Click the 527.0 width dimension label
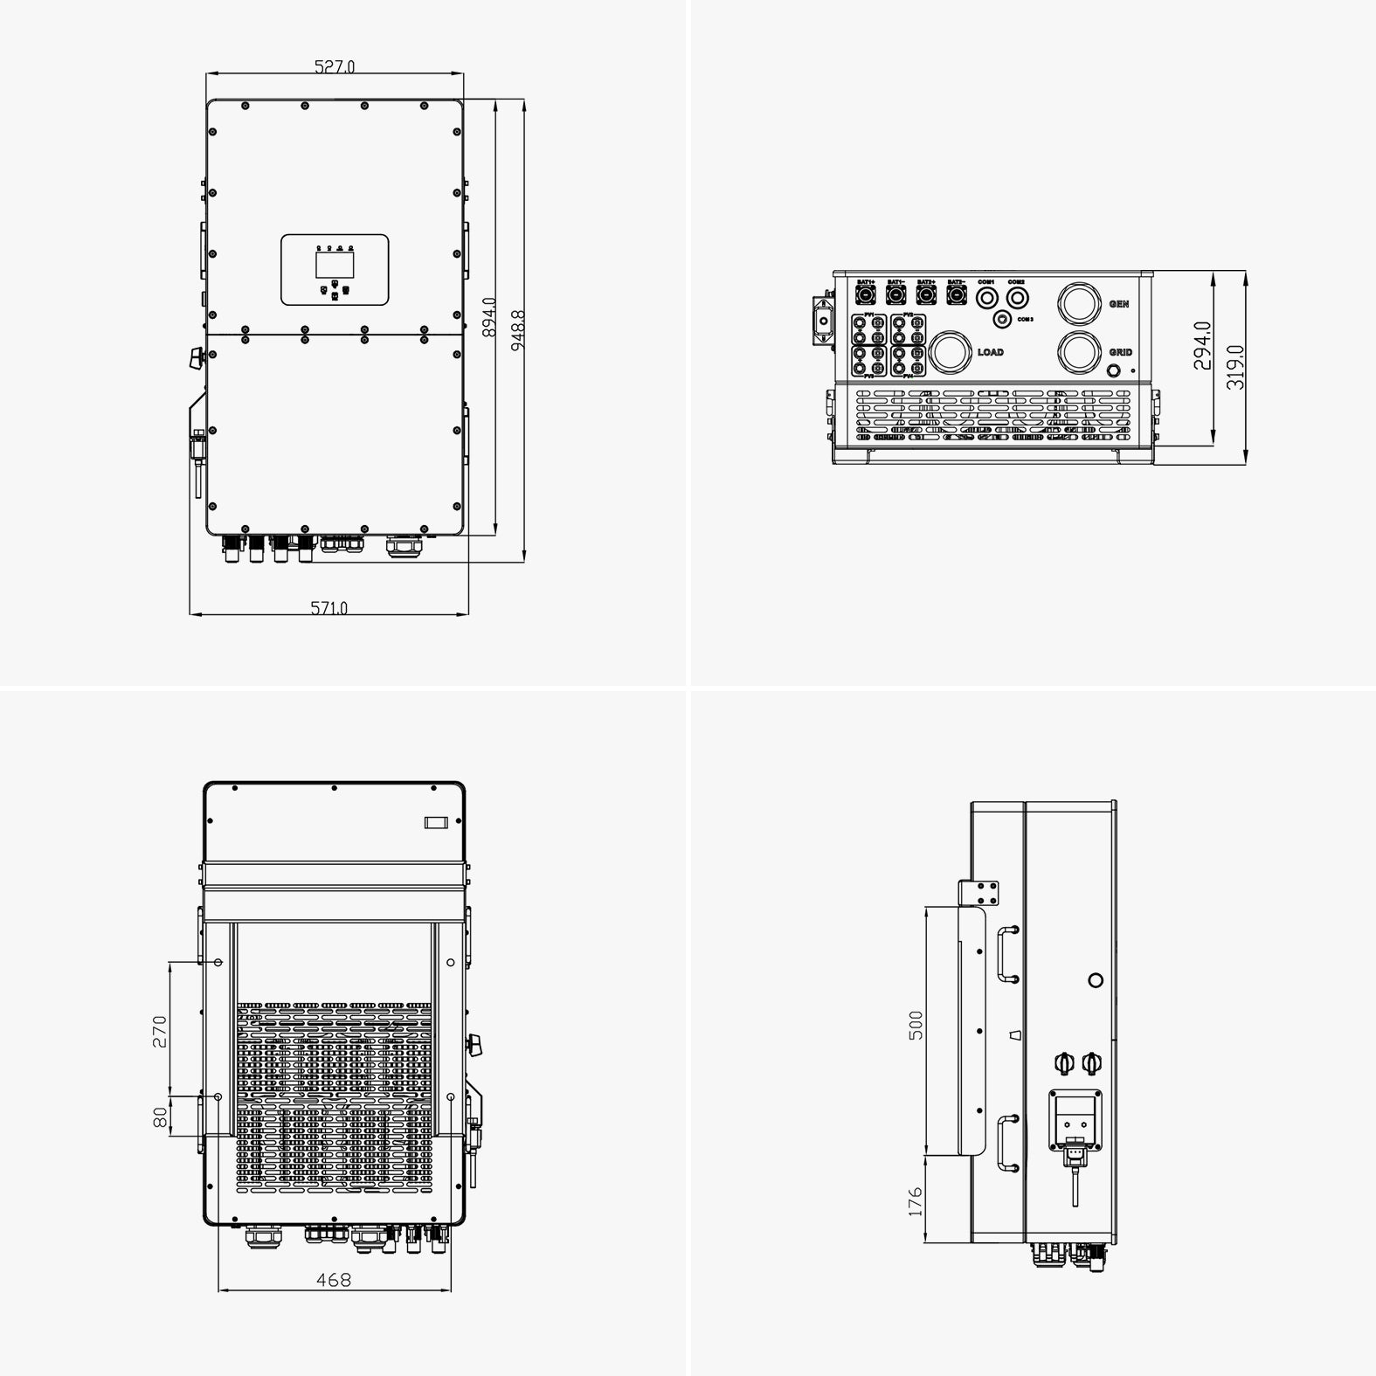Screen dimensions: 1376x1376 pos(335,66)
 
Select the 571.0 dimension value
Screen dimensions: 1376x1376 pos(329,607)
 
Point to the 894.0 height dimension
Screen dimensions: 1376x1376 pos(489,317)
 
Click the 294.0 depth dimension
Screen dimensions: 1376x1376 pos(1203,345)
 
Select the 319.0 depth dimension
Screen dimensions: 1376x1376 pos(1235,366)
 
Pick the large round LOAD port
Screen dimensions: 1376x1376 pos(951,353)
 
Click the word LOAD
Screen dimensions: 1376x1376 pos(991,353)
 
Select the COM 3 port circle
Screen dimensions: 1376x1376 pos(1003,319)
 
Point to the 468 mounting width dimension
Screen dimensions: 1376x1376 pos(334,1280)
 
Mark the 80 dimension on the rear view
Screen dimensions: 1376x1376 pos(160,1117)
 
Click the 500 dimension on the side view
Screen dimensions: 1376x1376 pos(916,1025)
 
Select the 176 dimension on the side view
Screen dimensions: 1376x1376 pos(915,1201)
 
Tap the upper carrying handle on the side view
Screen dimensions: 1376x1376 pos(1006,955)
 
